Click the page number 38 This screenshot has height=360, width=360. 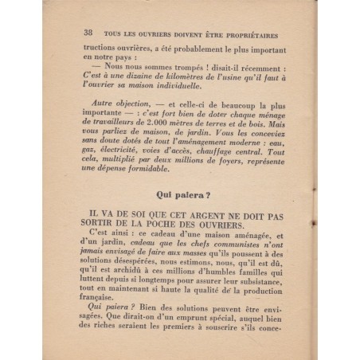(87, 35)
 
